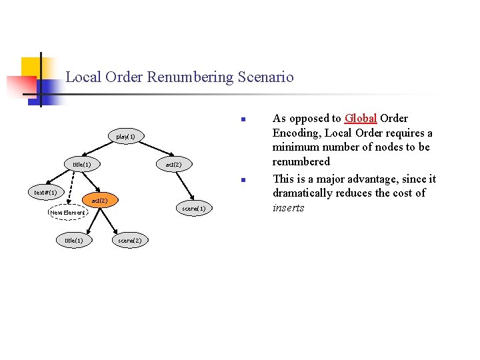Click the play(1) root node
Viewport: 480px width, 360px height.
coord(125,137)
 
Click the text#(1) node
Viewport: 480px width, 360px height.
coord(46,193)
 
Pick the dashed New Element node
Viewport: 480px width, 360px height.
coord(68,213)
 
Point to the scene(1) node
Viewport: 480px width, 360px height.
coord(195,209)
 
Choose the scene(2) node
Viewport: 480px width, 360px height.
coord(129,240)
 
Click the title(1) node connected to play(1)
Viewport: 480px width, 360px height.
coord(81,164)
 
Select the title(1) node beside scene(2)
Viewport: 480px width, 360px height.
coord(73,240)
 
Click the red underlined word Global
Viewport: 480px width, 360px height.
coord(361,119)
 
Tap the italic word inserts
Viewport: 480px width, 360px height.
coord(288,207)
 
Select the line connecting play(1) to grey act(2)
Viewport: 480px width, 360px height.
coord(149,151)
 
